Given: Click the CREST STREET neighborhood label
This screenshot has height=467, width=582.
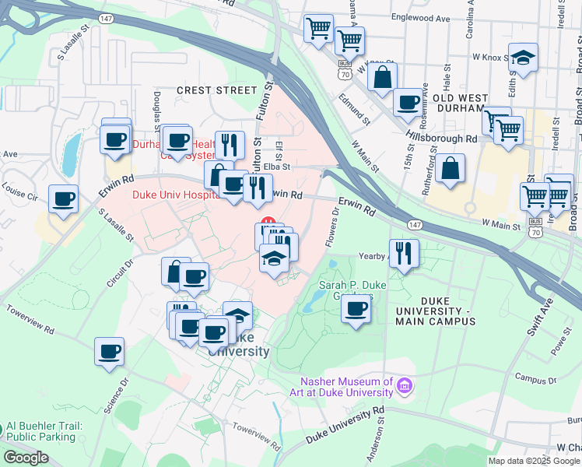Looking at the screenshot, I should (216, 91).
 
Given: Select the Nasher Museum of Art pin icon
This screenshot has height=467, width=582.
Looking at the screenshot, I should (404, 386).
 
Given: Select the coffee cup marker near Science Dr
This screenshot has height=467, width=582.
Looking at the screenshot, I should (110, 350).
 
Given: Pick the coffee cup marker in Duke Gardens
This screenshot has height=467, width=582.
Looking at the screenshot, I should (356, 307).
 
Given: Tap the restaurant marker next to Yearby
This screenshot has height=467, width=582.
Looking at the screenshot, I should (404, 252).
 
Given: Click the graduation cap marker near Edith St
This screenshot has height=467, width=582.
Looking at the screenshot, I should (523, 58).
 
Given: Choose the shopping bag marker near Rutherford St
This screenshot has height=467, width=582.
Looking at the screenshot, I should (451, 167).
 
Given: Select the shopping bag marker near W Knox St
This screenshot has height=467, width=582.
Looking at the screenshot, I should (383, 77).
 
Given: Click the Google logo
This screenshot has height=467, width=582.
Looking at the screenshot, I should (26, 458).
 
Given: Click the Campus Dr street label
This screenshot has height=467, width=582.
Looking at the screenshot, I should (531, 381).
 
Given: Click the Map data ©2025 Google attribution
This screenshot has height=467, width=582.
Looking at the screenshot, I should (533, 461).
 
